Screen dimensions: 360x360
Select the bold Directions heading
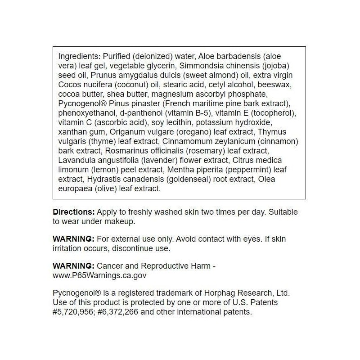pos(74,212)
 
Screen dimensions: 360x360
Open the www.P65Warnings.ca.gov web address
pos(100,275)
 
